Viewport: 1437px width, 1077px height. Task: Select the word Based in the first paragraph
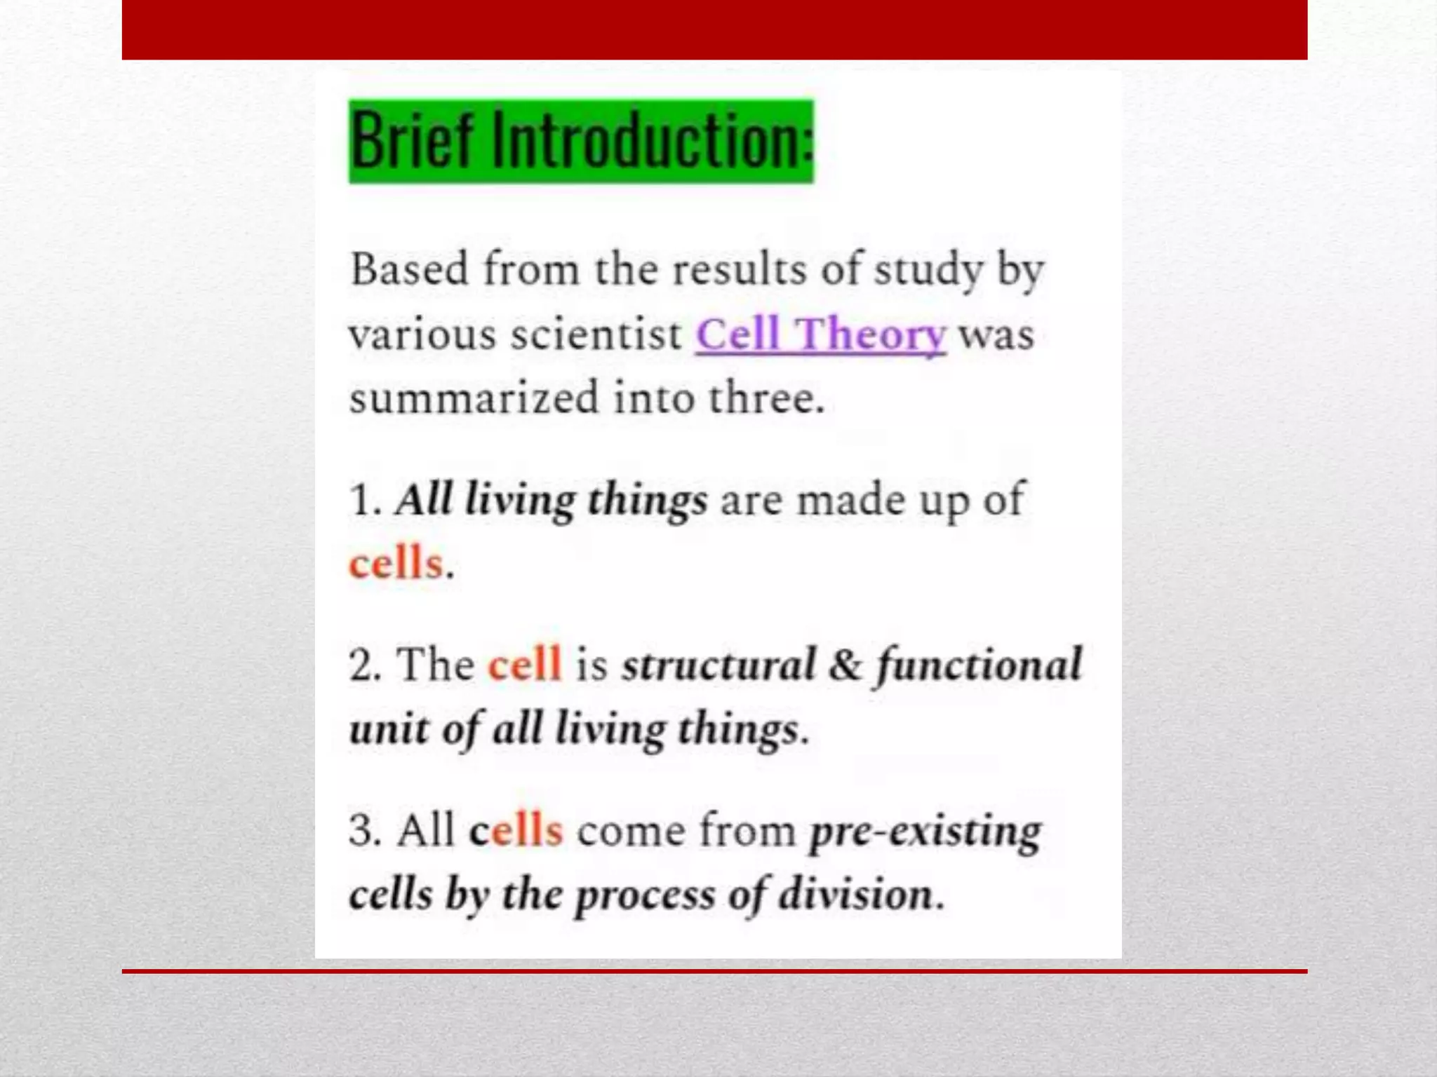point(409,269)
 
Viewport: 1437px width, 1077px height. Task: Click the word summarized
point(474,398)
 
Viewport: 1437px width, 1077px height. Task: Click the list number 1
point(363,501)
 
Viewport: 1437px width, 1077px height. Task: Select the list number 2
point(364,665)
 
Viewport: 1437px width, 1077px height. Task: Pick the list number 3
point(364,831)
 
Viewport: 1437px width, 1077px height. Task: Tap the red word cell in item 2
point(525,665)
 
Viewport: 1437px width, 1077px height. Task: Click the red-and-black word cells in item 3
point(516,831)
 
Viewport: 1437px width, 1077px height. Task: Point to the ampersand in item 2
point(845,665)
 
